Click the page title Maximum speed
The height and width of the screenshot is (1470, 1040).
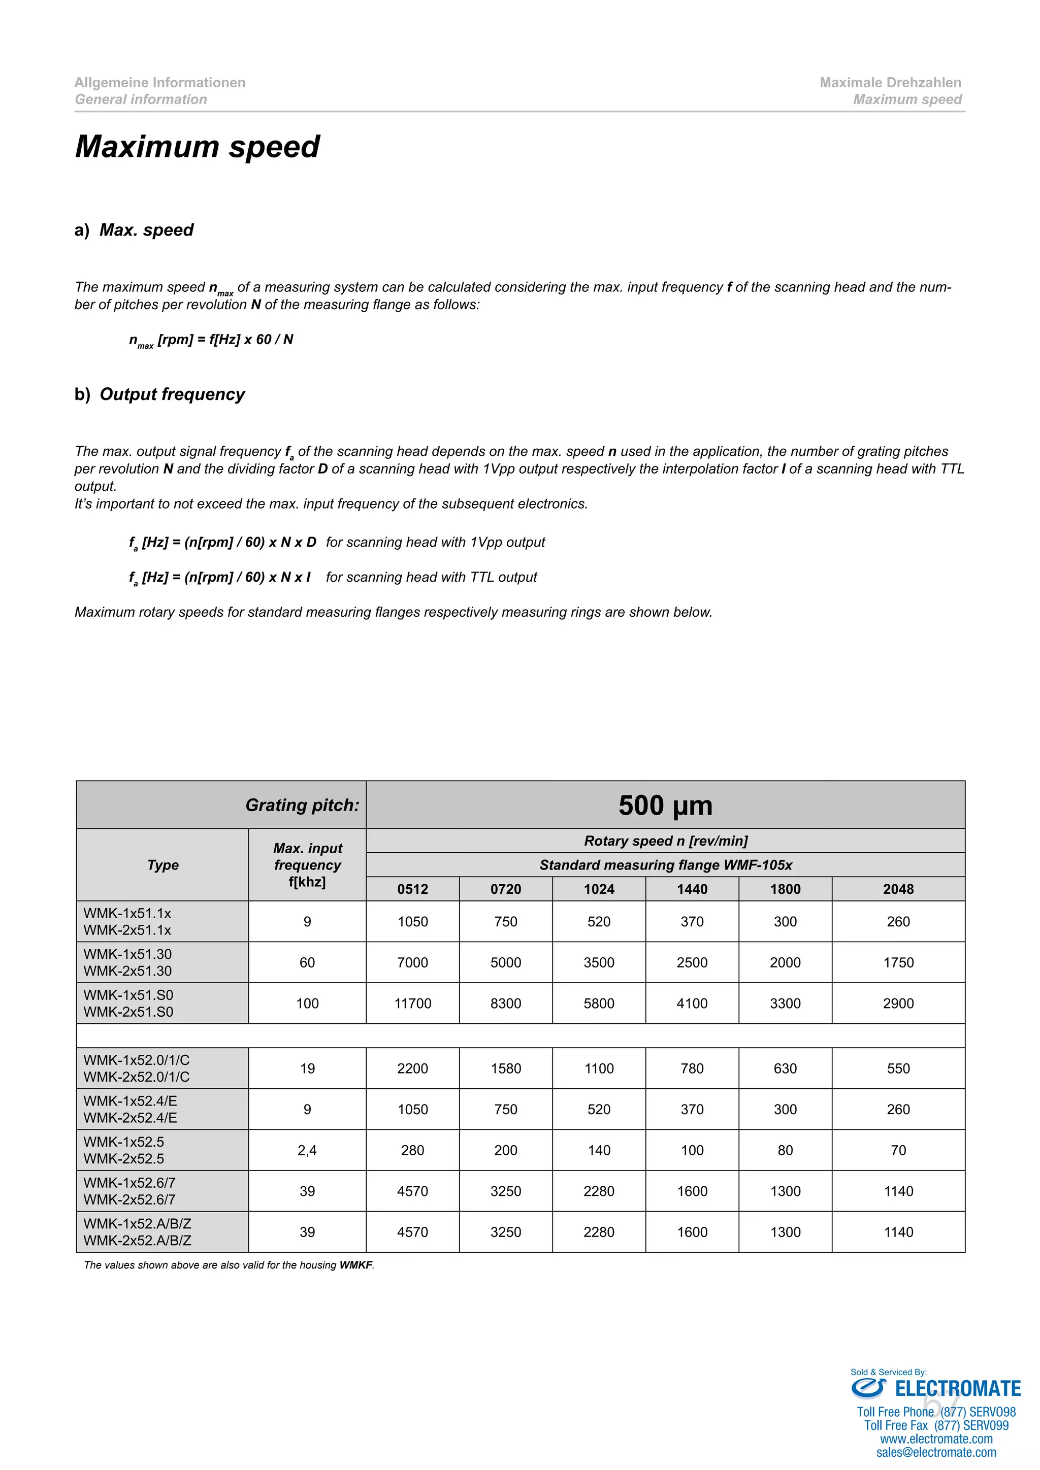(x=197, y=147)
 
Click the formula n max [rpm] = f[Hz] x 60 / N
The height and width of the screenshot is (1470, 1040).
(x=211, y=340)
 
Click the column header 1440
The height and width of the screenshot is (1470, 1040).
(x=692, y=889)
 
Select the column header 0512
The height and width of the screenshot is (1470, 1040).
(x=412, y=889)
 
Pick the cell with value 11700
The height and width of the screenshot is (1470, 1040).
(x=412, y=1003)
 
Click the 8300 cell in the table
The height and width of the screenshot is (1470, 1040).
(x=505, y=1003)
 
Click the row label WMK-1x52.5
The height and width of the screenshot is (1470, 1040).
(x=123, y=1142)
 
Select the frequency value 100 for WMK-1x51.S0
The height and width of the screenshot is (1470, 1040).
(x=307, y=1003)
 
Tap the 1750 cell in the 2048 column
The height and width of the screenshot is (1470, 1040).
(x=898, y=962)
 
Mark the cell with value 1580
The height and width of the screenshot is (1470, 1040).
(x=505, y=1068)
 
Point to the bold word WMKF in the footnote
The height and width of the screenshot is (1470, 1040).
(x=355, y=1264)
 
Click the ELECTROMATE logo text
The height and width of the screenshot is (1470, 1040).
(x=957, y=1389)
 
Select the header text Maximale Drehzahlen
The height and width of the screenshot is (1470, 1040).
(x=890, y=83)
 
